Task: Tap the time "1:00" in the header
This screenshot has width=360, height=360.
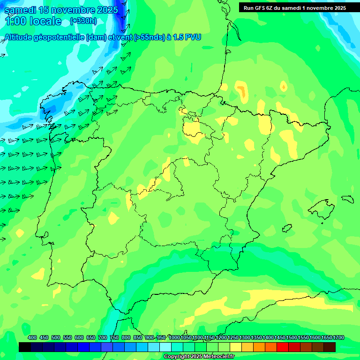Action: coord(16,21)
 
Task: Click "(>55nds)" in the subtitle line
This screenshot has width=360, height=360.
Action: coord(150,37)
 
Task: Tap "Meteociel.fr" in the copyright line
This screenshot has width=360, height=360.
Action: coord(218,357)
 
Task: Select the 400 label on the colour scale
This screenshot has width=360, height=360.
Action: coord(32,338)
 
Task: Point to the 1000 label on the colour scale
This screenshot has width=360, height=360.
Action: coord(174,338)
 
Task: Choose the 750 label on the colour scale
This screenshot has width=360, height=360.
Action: coord(114,338)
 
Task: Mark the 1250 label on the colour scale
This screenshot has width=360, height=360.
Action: coord(233,338)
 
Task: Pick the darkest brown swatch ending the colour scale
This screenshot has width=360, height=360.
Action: coord(330,347)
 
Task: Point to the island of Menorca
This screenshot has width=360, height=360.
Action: coord(347,198)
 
